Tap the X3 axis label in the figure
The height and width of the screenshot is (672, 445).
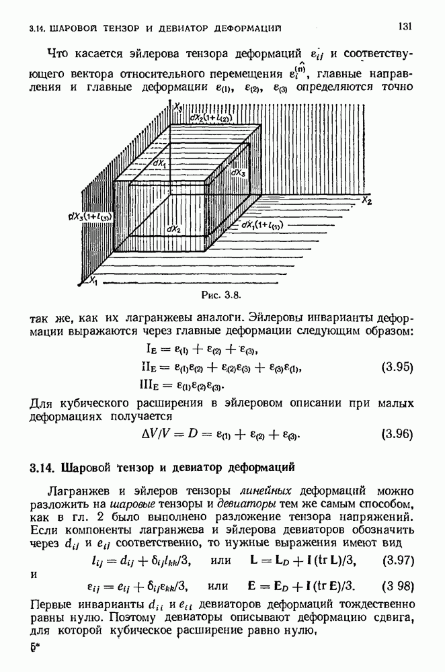coord(177,106)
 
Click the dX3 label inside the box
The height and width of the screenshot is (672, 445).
coord(239,173)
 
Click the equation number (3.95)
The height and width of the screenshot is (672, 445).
coord(396,368)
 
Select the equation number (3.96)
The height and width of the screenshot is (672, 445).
coord(396,433)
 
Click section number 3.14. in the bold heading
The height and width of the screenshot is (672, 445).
coord(44,467)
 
